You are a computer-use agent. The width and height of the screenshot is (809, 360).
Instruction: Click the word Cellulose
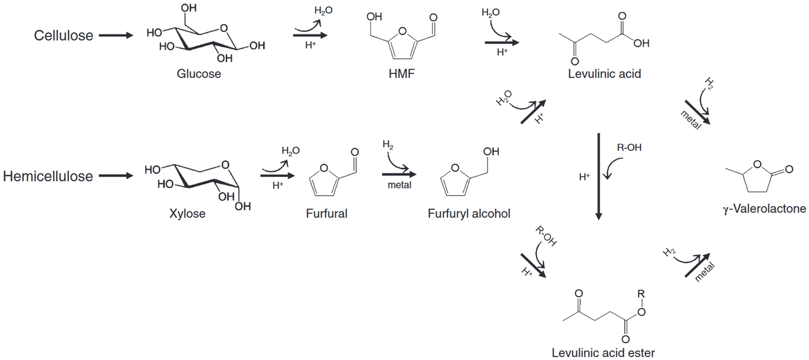(63, 35)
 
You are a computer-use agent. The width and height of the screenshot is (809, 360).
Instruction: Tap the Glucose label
(199, 74)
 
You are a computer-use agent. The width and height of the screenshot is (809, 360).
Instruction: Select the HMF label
(402, 74)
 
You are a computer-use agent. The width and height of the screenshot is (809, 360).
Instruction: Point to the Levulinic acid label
(604, 74)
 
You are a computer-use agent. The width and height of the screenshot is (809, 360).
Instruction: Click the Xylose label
(187, 213)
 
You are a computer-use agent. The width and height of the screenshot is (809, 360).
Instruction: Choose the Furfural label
(327, 213)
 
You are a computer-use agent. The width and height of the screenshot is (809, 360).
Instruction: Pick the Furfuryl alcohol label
(469, 213)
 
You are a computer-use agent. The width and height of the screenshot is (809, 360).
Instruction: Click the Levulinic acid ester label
(603, 353)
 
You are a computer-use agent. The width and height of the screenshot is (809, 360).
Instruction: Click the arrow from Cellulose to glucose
(116, 35)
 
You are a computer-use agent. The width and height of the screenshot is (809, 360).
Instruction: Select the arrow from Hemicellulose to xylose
(116, 176)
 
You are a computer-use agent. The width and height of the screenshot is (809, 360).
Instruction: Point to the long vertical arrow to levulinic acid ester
(598, 176)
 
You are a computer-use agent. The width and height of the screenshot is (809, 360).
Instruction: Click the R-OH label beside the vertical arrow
(629, 147)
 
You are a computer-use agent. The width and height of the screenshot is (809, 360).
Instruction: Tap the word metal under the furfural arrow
(399, 185)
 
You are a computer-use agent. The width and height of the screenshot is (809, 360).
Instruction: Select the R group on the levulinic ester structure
(641, 294)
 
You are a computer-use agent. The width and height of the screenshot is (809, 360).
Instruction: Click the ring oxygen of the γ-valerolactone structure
(757, 164)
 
